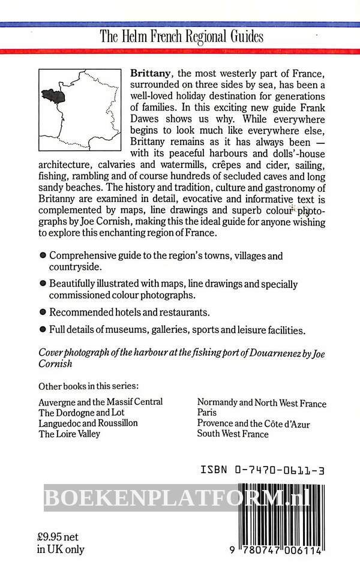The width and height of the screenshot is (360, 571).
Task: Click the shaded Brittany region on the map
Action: point(52,94)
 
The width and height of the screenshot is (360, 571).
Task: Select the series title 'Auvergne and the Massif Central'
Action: point(100,401)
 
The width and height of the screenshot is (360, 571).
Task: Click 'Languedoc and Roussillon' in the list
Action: point(88,423)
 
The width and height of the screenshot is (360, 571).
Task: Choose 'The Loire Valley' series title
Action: point(69,434)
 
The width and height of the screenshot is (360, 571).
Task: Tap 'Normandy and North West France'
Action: point(262,403)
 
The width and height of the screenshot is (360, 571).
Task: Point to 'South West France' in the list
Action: point(233,434)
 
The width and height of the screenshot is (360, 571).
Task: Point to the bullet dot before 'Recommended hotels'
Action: point(43,312)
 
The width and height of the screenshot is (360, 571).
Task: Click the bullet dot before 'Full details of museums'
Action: point(43,329)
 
